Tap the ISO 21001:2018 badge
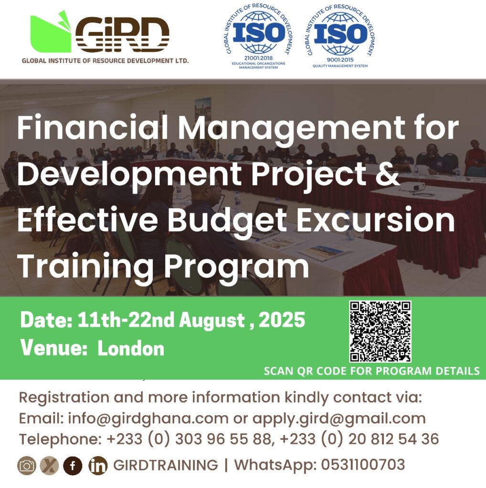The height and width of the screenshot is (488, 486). pyautogui.click(x=258, y=36)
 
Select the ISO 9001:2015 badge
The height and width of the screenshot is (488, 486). pyautogui.click(x=340, y=36)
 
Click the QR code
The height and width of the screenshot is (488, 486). pyautogui.click(x=380, y=331)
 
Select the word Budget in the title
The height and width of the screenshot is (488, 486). pyautogui.click(x=228, y=222)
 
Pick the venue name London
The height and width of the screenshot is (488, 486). pyautogui.click(x=131, y=348)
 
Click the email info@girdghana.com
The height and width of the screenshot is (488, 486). pyautogui.click(x=148, y=419)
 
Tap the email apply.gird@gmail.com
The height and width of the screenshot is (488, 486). pyautogui.click(x=339, y=419)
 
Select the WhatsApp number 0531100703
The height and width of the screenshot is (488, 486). pyautogui.click(x=363, y=465)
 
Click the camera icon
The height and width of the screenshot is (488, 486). pyautogui.click(x=27, y=466)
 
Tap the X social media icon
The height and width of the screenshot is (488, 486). pyautogui.click(x=49, y=466)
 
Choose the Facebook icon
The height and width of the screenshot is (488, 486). pyautogui.click(x=73, y=466)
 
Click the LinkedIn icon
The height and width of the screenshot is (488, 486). pyautogui.click(x=98, y=466)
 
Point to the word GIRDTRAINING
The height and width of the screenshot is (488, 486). pyautogui.click(x=166, y=465)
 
